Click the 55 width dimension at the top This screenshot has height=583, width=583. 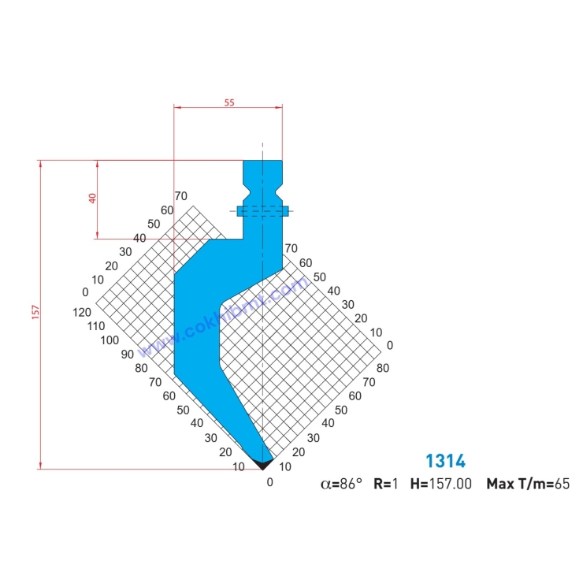(229, 102)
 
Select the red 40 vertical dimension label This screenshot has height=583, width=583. (92, 199)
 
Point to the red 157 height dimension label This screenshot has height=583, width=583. (35, 314)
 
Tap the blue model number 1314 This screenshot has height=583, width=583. (445, 461)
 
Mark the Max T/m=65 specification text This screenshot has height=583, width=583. (527, 485)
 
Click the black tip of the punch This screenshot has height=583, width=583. (262, 464)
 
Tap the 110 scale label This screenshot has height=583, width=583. (96, 326)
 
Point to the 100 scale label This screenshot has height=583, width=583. (110, 340)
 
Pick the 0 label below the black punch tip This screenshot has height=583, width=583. (269, 482)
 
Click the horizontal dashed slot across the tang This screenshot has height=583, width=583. (263, 210)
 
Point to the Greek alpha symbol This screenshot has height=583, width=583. (325, 485)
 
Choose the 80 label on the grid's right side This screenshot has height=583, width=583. (383, 367)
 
